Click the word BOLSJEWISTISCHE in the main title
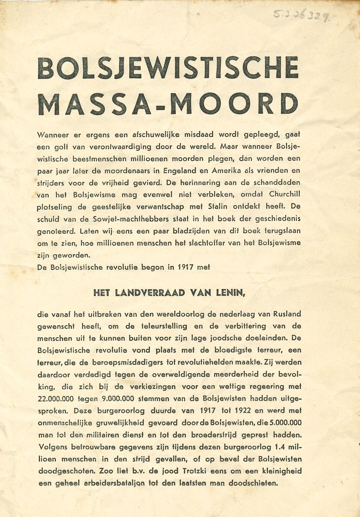[x=168, y=68]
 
